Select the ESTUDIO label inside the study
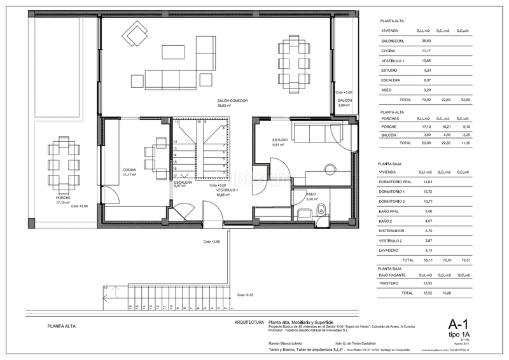[280, 140]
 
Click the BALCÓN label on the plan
[344, 102]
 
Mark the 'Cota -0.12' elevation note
[244, 294]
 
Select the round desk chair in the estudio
[329, 169]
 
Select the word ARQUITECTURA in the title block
[249, 322]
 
